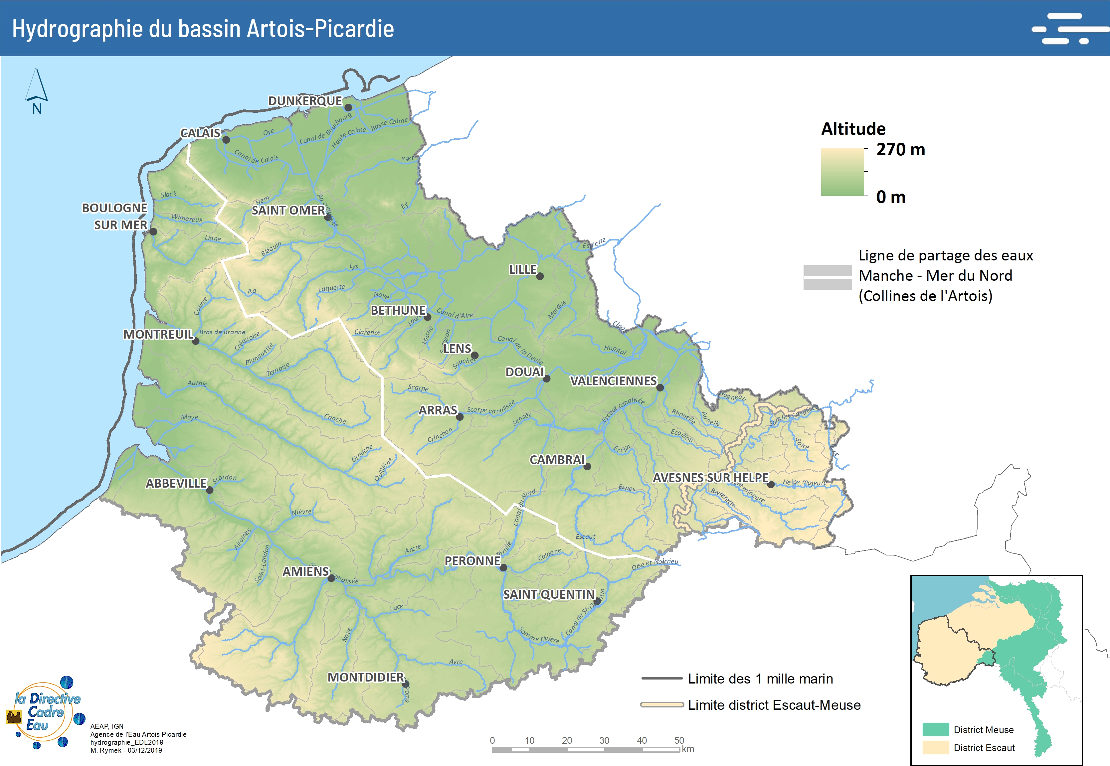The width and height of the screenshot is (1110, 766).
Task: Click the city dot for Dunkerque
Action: [x=348, y=107]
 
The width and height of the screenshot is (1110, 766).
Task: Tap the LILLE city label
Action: [x=523, y=270]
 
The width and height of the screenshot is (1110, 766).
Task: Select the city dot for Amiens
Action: [x=331, y=579]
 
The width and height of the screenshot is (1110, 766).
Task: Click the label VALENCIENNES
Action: [x=613, y=381]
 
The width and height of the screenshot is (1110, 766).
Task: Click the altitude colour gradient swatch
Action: [x=842, y=172]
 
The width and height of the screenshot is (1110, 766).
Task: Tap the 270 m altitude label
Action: [x=900, y=150]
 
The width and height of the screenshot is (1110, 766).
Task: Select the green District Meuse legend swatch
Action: [x=935, y=729]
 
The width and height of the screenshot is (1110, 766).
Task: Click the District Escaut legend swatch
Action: [x=935, y=747]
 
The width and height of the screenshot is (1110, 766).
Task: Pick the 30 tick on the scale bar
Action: [x=604, y=741]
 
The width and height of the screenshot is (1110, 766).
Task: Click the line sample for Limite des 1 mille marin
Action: [x=661, y=679]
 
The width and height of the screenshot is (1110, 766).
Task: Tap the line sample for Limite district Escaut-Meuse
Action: [x=661, y=704]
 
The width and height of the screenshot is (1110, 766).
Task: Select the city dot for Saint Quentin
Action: [x=597, y=601]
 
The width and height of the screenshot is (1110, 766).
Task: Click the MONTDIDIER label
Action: [x=366, y=677]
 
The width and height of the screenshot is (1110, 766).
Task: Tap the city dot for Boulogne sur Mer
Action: [x=153, y=231]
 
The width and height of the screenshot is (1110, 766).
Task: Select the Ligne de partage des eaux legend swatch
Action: [x=827, y=277]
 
